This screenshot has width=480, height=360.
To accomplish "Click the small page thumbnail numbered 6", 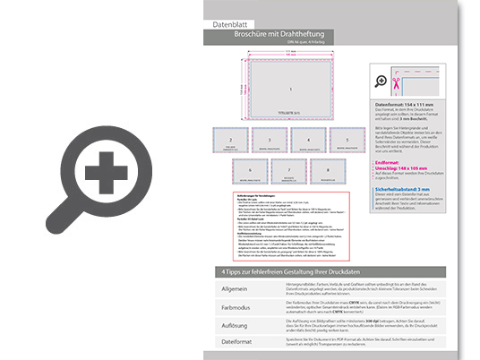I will (250, 170).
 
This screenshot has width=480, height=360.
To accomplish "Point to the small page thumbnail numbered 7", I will (288, 170).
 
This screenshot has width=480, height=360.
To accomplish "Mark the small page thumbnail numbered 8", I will (327, 170).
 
